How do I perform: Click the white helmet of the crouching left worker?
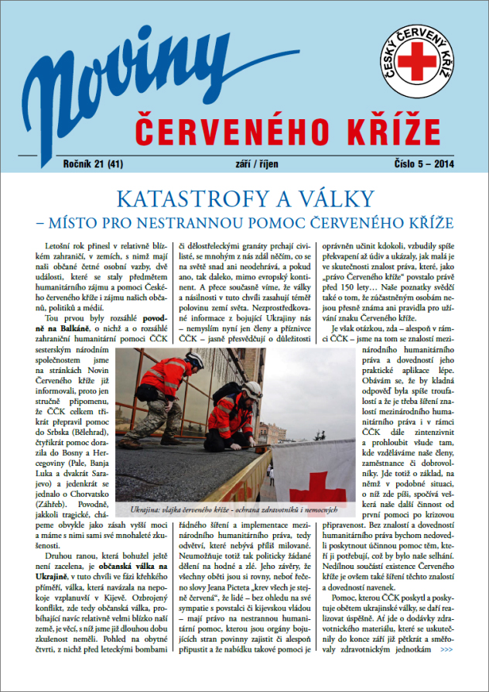coord(195,360)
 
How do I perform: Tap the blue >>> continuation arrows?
coord(446,671)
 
